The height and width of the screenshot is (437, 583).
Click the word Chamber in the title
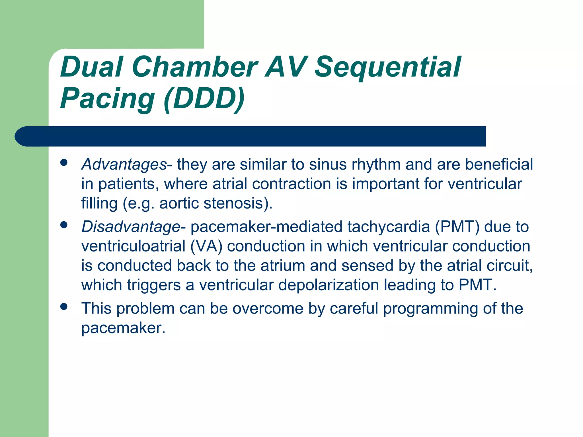pyautogui.click(x=195, y=67)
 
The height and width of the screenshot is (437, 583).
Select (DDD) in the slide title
pyautogui.click(x=204, y=98)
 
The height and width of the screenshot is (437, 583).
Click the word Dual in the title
pyautogui.click(x=92, y=67)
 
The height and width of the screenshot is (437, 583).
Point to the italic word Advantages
pyautogui.click(x=124, y=165)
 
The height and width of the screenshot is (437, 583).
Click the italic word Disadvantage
pyautogui.click(x=131, y=227)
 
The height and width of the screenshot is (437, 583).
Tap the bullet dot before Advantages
pyautogui.click(x=64, y=163)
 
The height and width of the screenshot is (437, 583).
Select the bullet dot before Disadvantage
pyautogui.click(x=64, y=225)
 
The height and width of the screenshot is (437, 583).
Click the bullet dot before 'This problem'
pyautogui.click(x=64, y=306)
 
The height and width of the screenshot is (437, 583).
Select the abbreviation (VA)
pyautogui.click(x=206, y=246)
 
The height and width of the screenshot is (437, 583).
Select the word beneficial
pyautogui.click(x=499, y=165)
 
